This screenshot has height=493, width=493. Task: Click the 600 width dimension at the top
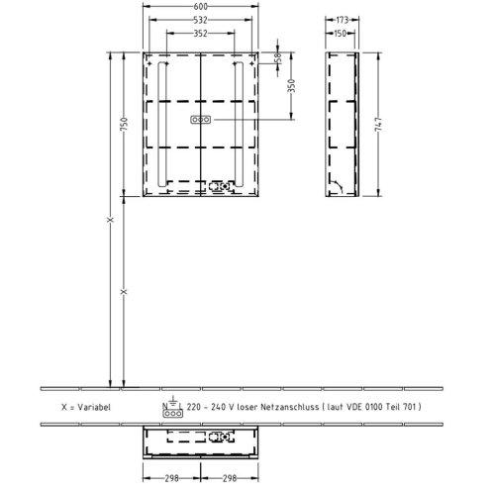201,6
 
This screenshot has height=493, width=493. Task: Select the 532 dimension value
201,20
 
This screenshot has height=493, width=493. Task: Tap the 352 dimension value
201,33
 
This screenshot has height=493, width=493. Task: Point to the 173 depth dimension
343,20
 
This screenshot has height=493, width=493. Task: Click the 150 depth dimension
340,33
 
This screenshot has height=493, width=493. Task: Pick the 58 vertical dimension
278,57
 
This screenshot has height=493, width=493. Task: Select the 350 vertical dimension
291,86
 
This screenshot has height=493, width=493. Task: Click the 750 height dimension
124,124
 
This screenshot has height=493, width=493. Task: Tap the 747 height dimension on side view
378,124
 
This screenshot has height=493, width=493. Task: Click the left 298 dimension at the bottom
171,478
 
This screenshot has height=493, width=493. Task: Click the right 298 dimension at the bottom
230,478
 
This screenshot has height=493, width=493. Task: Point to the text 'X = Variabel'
86,407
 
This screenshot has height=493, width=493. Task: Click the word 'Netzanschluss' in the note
289,407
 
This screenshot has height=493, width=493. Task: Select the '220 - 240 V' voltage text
211,407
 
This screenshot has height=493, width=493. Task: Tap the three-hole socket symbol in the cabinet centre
201,120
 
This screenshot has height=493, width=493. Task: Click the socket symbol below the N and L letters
172,414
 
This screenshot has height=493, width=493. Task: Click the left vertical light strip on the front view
162,124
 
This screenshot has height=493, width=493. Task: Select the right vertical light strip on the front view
239,124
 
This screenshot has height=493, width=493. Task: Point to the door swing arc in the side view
339,186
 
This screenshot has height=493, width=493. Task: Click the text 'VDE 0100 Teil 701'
381,407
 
